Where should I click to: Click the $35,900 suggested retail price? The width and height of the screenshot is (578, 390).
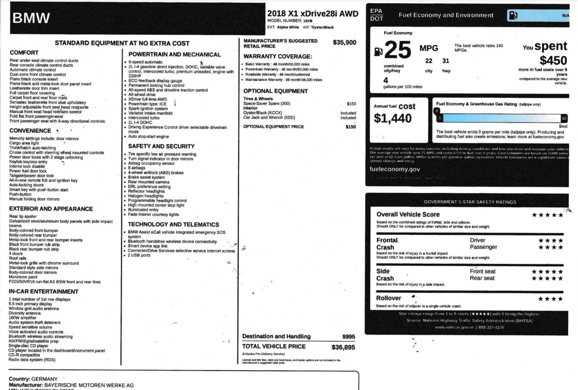tap(345, 43)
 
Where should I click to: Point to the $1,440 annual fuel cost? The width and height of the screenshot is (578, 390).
tap(392, 118)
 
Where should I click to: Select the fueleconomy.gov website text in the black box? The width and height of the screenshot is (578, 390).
tap(395, 169)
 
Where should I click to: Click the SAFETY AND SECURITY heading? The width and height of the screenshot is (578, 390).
tap(161, 146)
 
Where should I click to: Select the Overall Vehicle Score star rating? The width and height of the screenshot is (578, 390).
tap(547, 215)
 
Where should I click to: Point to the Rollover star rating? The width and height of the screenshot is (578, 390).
tap(550, 299)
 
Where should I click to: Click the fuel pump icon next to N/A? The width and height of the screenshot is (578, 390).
tap(513, 15)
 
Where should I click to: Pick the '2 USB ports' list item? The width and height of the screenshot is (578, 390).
tap(139, 255)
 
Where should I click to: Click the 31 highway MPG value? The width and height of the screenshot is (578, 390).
tap(446, 61)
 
